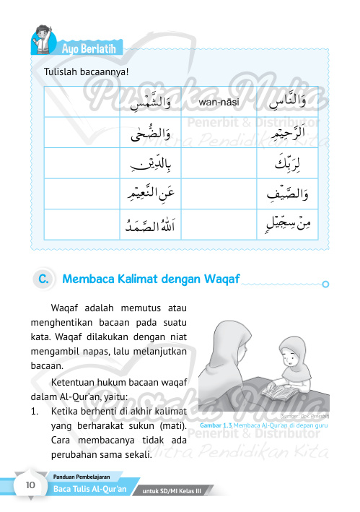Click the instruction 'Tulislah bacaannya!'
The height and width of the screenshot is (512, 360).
(87, 71)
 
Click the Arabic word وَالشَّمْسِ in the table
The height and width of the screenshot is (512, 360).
(154, 103)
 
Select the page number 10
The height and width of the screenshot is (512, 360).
(31, 485)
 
